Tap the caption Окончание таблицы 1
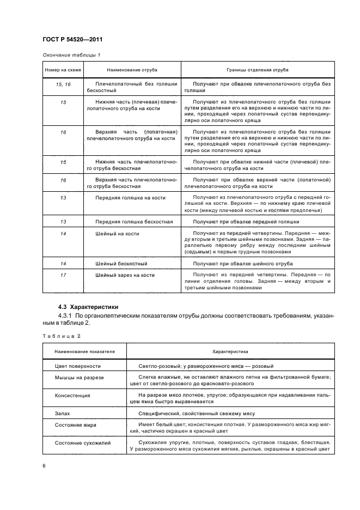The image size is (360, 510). (x=71, y=54)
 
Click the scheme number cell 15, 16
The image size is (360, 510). (x=64, y=84)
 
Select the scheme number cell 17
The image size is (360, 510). (x=64, y=275)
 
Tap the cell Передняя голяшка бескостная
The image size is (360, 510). (x=134, y=222)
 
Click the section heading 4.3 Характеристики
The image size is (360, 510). (x=87, y=306)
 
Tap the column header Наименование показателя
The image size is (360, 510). (x=84, y=352)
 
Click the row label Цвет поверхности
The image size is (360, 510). (x=77, y=366)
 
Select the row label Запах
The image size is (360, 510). (x=63, y=413)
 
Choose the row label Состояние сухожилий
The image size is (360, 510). (x=83, y=442)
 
